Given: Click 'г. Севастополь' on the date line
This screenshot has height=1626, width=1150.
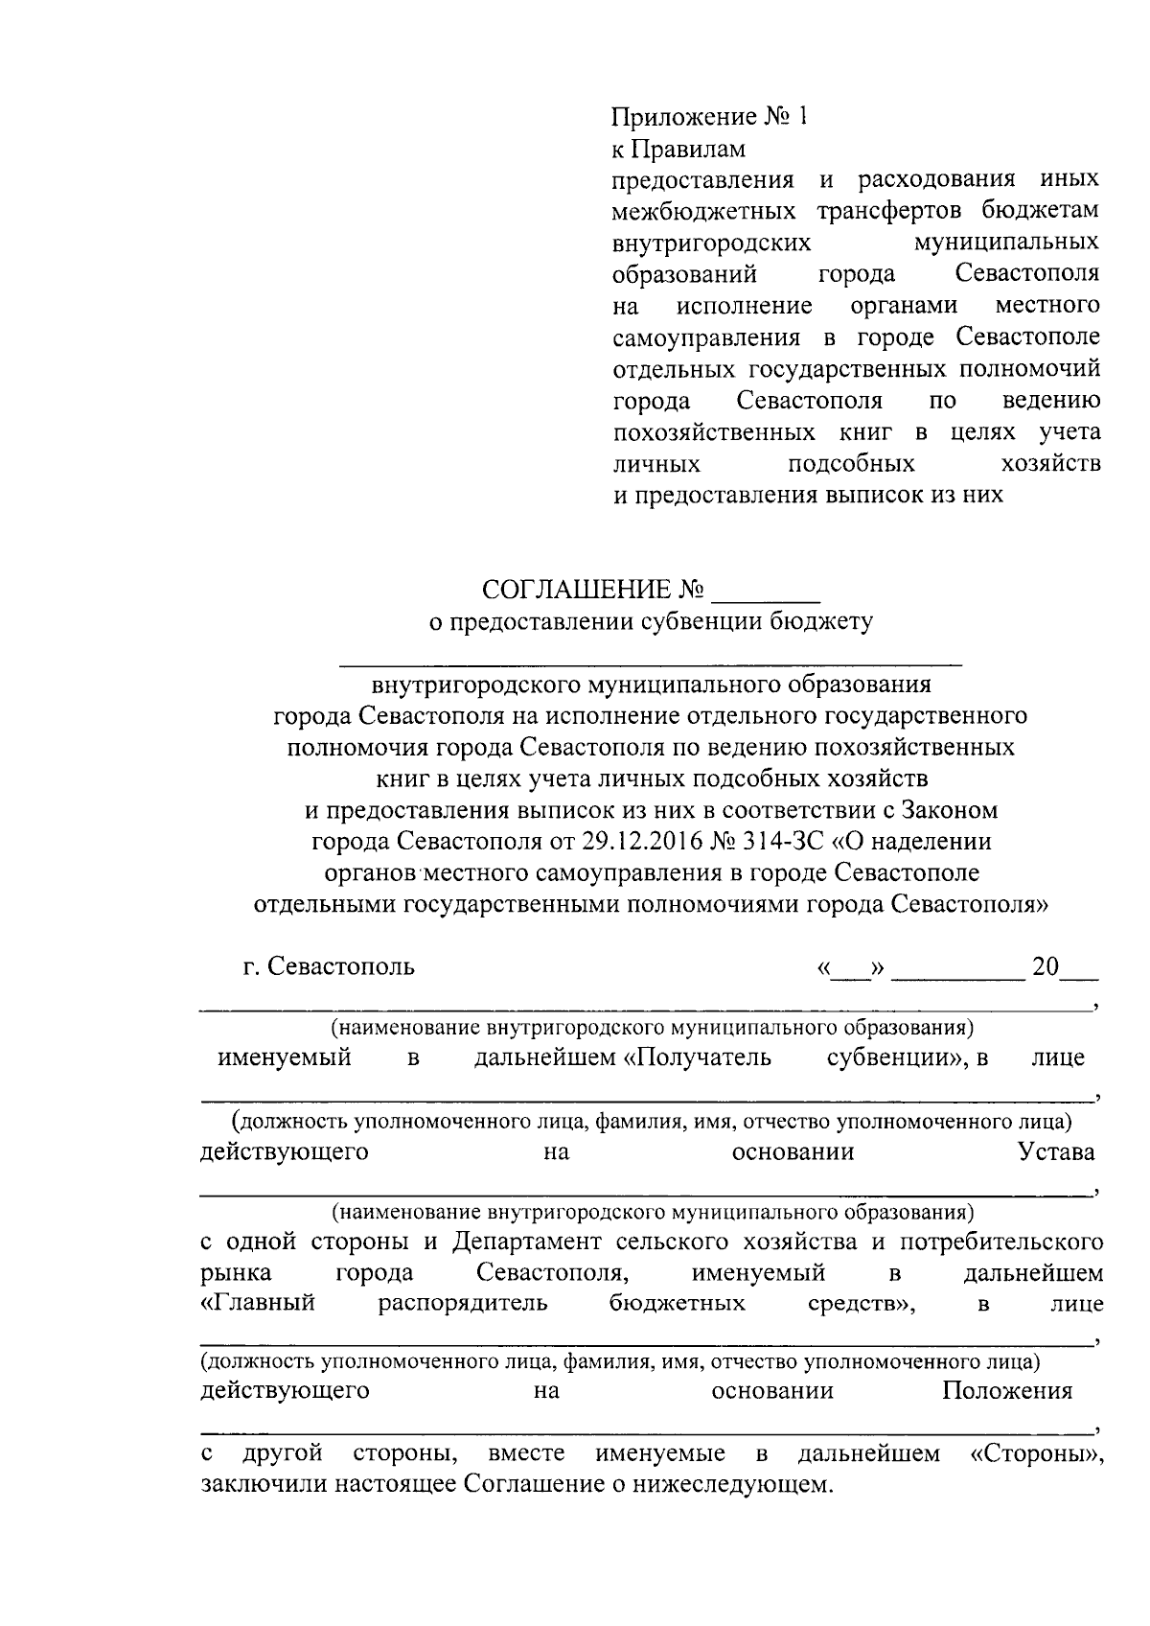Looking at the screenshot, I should tap(329, 966).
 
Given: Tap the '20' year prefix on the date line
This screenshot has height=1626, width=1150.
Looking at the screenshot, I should tap(1045, 966).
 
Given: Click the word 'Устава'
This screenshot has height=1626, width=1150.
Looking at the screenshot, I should tap(1056, 1151).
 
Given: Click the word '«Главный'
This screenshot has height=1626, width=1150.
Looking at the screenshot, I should tap(258, 1304).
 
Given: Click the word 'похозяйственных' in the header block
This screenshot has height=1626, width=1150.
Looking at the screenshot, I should tap(714, 432).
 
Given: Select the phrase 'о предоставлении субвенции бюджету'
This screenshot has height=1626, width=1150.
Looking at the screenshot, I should tap(651, 621).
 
